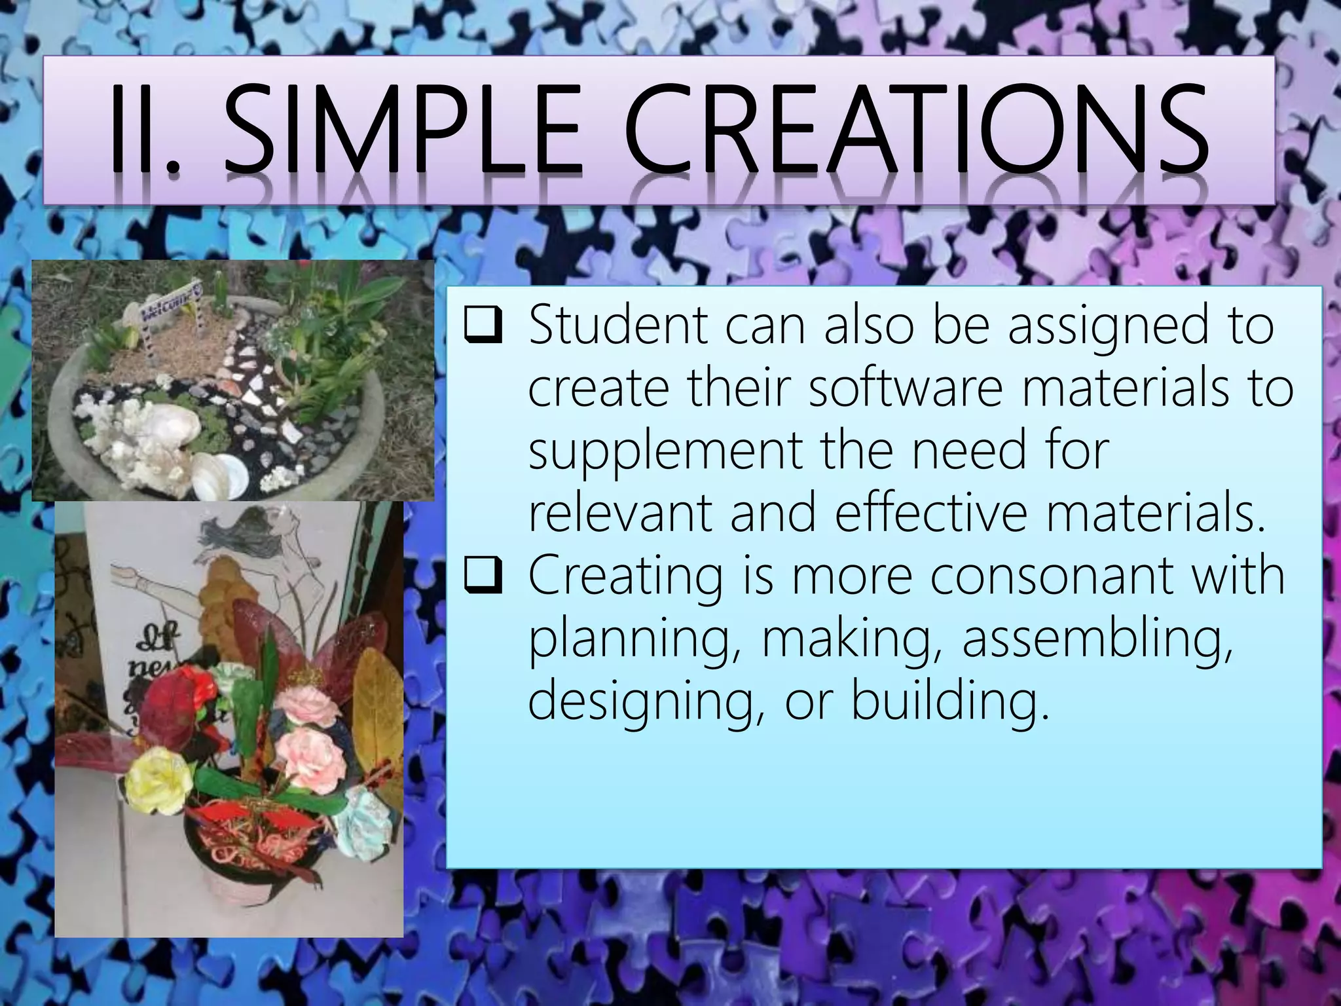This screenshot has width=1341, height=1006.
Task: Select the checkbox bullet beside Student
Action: [483, 327]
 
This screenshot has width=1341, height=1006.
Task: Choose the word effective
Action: [932, 513]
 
